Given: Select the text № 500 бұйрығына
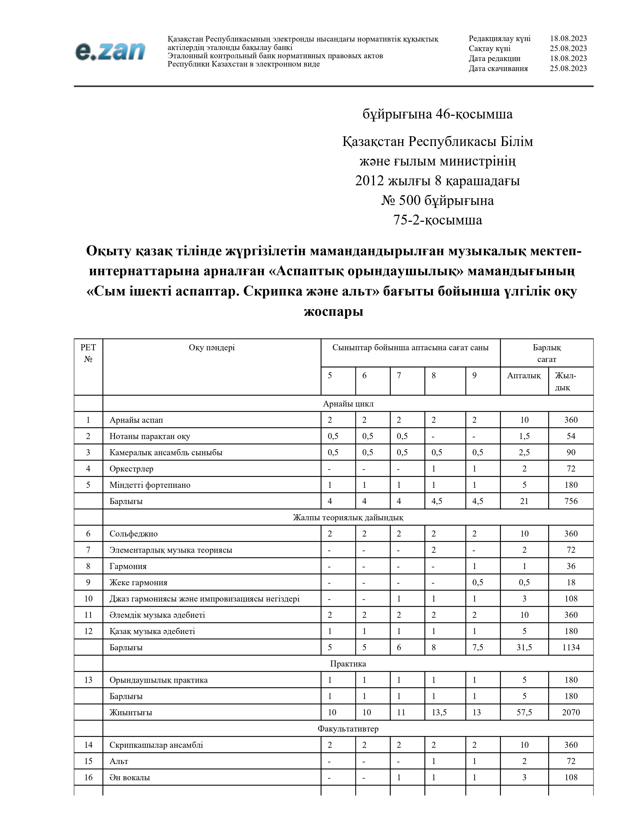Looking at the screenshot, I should (437, 200).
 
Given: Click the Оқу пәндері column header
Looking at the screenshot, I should (212, 347).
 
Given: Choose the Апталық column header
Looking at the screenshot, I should (524, 375).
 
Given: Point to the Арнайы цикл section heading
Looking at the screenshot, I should (348, 404).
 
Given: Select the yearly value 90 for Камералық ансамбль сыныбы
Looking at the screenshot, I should (571, 452).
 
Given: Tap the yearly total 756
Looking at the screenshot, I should (571, 501).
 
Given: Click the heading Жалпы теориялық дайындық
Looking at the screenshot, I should (348, 517).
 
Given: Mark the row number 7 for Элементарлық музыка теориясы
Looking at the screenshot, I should (88, 550).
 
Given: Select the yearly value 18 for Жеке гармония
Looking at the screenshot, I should (571, 582).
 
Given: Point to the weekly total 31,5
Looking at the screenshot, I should (524, 647).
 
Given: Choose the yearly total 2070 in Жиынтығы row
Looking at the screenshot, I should (571, 712).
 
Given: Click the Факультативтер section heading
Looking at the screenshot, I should (348, 729).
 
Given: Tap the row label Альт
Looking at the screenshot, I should (119, 761).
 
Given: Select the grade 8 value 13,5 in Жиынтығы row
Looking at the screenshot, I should (439, 712).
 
